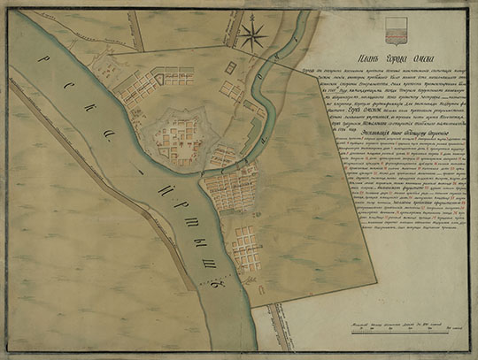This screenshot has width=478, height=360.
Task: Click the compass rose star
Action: [253, 36]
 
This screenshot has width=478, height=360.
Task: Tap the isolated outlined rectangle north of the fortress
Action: [230, 66]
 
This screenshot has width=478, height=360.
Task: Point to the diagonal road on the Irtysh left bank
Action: [97, 177]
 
